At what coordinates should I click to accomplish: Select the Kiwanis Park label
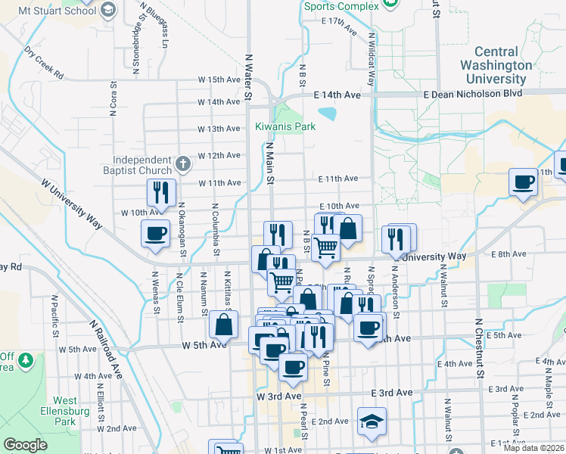285,126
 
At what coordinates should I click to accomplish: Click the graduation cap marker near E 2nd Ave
372,423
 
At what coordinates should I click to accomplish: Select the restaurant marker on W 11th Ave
160,193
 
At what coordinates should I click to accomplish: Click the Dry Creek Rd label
44,64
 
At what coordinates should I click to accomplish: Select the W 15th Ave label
219,79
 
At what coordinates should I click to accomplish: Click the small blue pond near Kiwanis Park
328,114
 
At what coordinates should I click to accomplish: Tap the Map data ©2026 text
533,448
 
